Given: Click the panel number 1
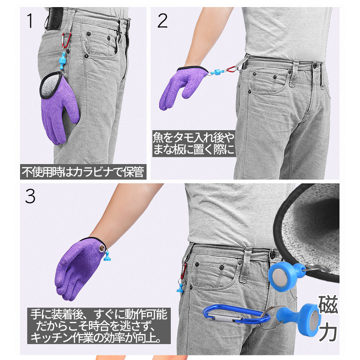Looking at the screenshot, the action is coord(30,21).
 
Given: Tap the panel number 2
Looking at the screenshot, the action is coord(162,21).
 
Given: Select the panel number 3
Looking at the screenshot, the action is coord(30,196).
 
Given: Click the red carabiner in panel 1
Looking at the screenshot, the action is coord(67,41).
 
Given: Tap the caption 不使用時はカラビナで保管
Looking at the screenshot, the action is coord(83,172).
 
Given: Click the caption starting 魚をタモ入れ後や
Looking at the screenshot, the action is coord(194,144).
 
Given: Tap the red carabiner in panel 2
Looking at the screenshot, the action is coord(231,69).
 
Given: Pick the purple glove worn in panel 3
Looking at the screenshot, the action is coord(79,267).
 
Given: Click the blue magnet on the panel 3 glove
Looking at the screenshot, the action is coord(107,256).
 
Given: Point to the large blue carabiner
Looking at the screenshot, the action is coord(237,314).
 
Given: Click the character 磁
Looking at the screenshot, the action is coord(328,304).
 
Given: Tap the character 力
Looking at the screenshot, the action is coord(328,332).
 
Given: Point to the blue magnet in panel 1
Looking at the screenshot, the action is coord(63,61).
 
